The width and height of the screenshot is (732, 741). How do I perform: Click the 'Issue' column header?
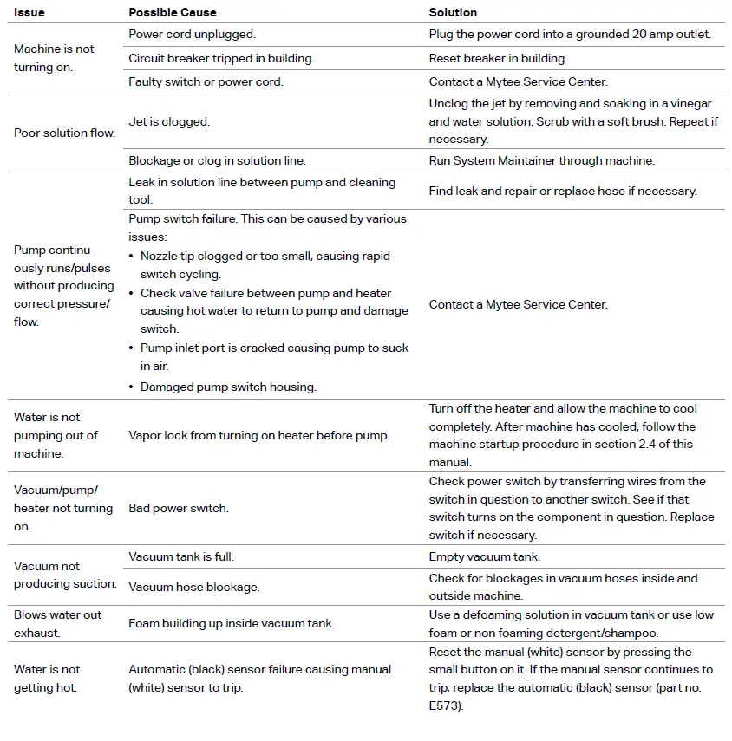click(x=29, y=13)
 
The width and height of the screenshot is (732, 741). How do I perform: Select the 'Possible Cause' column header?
click(x=173, y=13)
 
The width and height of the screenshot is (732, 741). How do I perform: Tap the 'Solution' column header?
click(x=453, y=13)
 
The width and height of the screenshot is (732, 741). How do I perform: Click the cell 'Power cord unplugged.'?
click(x=192, y=35)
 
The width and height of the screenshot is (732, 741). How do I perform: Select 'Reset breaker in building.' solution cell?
click(x=497, y=58)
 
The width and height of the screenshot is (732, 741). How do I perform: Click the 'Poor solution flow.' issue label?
click(x=64, y=133)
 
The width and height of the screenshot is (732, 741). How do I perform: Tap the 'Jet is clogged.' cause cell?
click(x=168, y=122)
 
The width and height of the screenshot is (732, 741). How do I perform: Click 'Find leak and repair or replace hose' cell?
click(x=563, y=191)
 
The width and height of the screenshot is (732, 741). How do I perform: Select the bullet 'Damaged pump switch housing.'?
click(x=228, y=387)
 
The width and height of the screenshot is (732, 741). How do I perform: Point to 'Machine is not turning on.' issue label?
click(x=54, y=58)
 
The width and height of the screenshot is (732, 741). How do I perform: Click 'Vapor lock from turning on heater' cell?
click(x=258, y=435)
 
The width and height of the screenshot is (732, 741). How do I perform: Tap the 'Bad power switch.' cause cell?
click(x=178, y=508)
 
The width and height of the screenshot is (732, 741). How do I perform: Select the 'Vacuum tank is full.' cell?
click(x=180, y=556)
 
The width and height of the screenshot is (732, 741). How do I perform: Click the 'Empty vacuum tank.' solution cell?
click(x=484, y=556)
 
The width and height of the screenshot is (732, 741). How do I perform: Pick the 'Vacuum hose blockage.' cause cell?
click(x=193, y=587)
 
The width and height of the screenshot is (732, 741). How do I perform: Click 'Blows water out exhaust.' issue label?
click(x=57, y=623)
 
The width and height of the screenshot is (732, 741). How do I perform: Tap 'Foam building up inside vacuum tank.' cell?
click(x=231, y=623)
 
